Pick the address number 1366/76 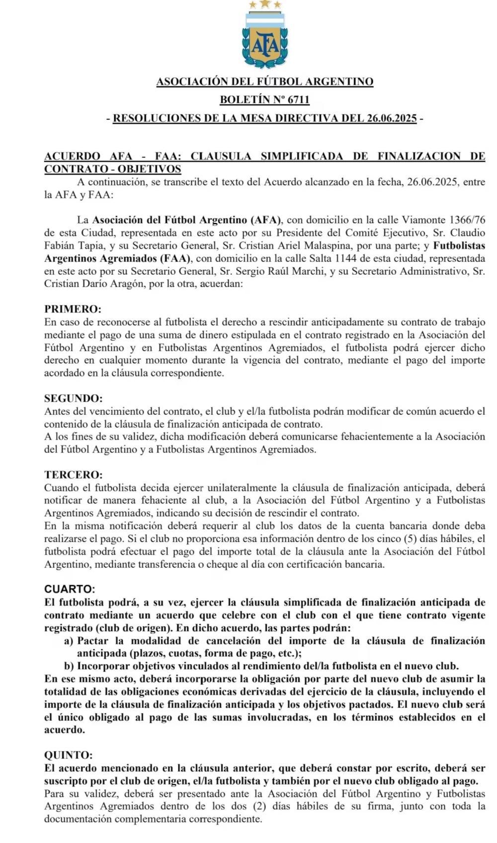tap(467, 220)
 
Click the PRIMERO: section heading tap(73, 309)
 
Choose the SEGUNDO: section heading tap(74, 398)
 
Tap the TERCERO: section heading tap(74, 475)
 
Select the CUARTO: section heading tap(70, 589)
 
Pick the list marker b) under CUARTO tap(69, 666)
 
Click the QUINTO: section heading tap(68, 755)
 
